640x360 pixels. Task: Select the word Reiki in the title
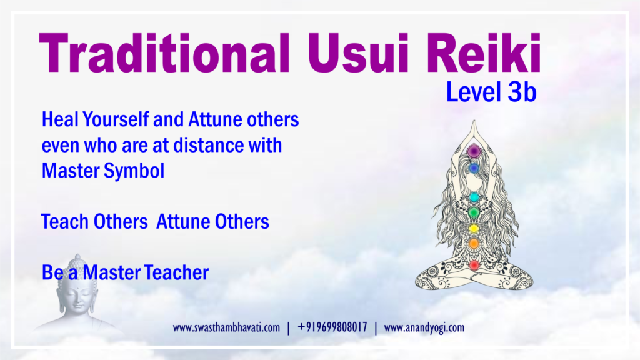pyautogui.click(x=483, y=53)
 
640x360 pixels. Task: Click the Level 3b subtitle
pyautogui.click(x=491, y=92)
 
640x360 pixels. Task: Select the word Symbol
pyautogui.click(x=134, y=171)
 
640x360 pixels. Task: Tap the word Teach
pyautogui.click(x=65, y=222)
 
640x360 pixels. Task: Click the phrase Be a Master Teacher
pyautogui.click(x=125, y=272)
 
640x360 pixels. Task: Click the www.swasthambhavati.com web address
pyautogui.click(x=226, y=327)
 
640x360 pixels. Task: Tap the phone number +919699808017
pyautogui.click(x=332, y=327)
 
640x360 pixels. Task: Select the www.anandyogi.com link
pyautogui.click(x=424, y=327)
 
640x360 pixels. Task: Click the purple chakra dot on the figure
pyautogui.click(x=474, y=151)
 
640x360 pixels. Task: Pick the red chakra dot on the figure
pyautogui.click(x=474, y=266)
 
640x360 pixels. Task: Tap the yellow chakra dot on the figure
pyautogui.click(x=474, y=229)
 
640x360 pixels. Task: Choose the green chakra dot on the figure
pyautogui.click(x=474, y=212)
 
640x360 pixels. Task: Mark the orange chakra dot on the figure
pyautogui.click(x=474, y=244)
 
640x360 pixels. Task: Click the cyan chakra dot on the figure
pyautogui.click(x=474, y=197)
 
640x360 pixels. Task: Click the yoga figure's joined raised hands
pyautogui.click(x=474, y=131)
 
